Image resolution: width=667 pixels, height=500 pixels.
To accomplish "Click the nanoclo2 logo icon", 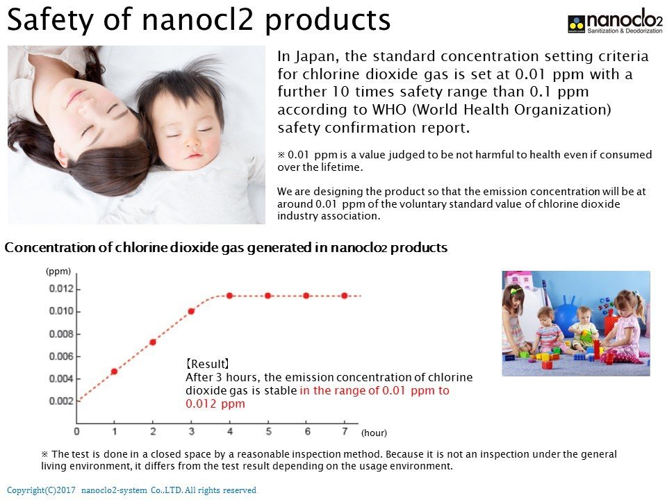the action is click(577, 24).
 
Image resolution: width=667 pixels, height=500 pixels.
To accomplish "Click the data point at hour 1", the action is click(114, 372).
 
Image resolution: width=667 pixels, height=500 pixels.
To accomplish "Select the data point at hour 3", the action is click(192, 312).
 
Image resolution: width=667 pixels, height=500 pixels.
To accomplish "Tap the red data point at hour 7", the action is click(345, 296).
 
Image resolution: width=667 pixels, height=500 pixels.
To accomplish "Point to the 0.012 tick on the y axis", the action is click(79, 290).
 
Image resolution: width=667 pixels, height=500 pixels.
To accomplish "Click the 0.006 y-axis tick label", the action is click(61, 356).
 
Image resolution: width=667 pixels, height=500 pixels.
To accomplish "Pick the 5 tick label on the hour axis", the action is click(268, 431).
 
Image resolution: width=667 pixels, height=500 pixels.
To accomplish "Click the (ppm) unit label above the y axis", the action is click(58, 272).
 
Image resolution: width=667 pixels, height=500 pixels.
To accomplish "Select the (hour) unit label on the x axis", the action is click(374, 433).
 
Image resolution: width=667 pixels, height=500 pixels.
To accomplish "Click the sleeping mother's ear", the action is click(62, 157).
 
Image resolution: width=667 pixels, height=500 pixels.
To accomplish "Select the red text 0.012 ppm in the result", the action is click(215, 404).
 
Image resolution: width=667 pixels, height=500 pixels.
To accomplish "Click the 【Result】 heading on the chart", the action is click(208, 364).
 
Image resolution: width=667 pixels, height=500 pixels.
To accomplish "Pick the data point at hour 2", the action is click(153, 342).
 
